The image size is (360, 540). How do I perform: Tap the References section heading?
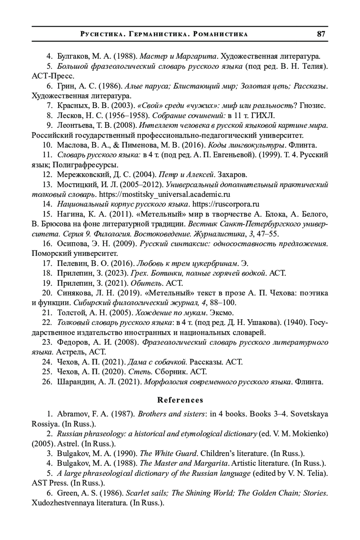click(180, 400)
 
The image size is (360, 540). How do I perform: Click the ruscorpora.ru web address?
click(226, 204)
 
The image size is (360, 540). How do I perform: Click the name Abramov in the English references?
click(70, 414)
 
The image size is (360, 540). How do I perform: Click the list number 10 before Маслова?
click(48, 145)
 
